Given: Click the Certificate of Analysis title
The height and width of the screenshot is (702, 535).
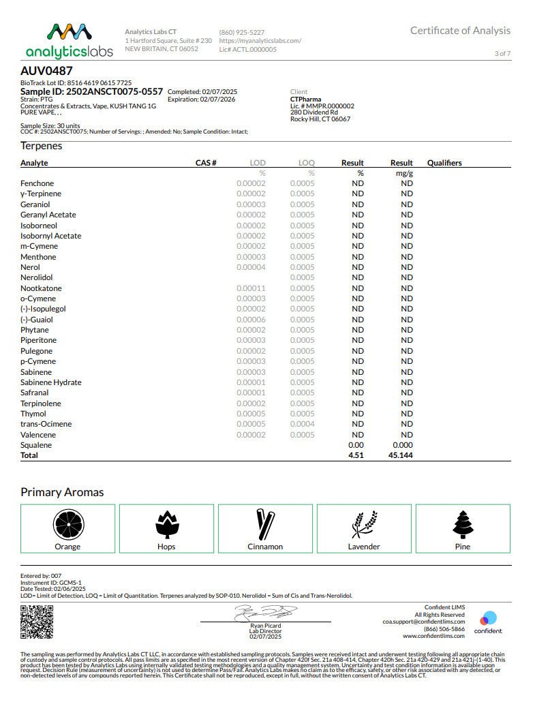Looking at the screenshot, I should click(x=460, y=31).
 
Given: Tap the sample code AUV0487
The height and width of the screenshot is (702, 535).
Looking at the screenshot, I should click(x=46, y=70).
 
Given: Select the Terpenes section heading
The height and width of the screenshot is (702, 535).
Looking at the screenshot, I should click(x=41, y=146).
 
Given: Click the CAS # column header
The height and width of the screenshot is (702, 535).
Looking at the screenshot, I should click(x=206, y=163).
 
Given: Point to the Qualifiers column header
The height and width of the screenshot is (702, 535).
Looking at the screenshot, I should click(x=444, y=163).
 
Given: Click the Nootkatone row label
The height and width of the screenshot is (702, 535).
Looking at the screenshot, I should click(x=41, y=288).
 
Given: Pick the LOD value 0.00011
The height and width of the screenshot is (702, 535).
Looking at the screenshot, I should click(x=251, y=288).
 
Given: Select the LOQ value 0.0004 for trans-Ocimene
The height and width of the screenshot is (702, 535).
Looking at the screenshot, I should click(x=303, y=424).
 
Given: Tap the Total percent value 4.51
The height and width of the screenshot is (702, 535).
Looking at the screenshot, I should click(x=356, y=455).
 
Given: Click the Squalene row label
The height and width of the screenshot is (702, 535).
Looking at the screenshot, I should click(x=36, y=445).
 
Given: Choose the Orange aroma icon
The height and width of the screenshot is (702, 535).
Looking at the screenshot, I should click(x=67, y=523).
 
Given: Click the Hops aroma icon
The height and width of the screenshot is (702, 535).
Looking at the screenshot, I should click(x=166, y=523).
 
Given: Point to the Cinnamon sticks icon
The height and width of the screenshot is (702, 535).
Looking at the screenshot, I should click(x=265, y=523).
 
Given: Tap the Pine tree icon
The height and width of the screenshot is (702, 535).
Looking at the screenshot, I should click(x=463, y=523).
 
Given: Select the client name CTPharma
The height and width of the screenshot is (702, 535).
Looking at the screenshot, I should click(x=305, y=99).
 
